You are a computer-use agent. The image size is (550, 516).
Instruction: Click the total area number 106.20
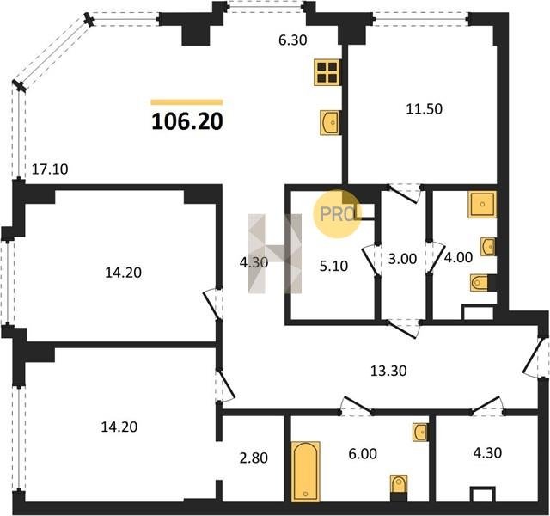(187, 122)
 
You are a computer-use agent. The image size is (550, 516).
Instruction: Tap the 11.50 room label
(424, 109)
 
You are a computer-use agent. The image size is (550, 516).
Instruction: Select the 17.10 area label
(50, 169)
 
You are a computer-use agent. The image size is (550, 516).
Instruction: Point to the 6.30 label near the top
(292, 40)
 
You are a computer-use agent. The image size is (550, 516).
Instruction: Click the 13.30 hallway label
(388, 371)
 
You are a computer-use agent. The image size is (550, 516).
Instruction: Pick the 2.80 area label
(254, 458)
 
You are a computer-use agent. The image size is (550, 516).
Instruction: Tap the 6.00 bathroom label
(363, 453)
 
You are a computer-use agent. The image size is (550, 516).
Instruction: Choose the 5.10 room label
(333, 266)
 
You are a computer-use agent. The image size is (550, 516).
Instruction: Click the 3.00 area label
(402, 259)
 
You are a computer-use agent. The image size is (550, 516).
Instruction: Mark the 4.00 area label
(458, 257)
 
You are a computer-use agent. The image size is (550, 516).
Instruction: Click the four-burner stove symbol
(327, 72)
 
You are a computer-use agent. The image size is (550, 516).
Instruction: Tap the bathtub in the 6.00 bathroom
(306, 471)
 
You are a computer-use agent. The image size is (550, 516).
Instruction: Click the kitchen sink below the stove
(330, 122)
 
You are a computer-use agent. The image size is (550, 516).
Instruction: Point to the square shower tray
(482, 205)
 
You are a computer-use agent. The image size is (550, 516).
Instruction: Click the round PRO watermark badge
(337, 214)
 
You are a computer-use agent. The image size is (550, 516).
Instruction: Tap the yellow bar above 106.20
(187, 102)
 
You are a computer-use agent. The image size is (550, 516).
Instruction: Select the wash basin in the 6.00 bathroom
(420, 433)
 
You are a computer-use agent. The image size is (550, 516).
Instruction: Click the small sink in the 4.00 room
(488, 247)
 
